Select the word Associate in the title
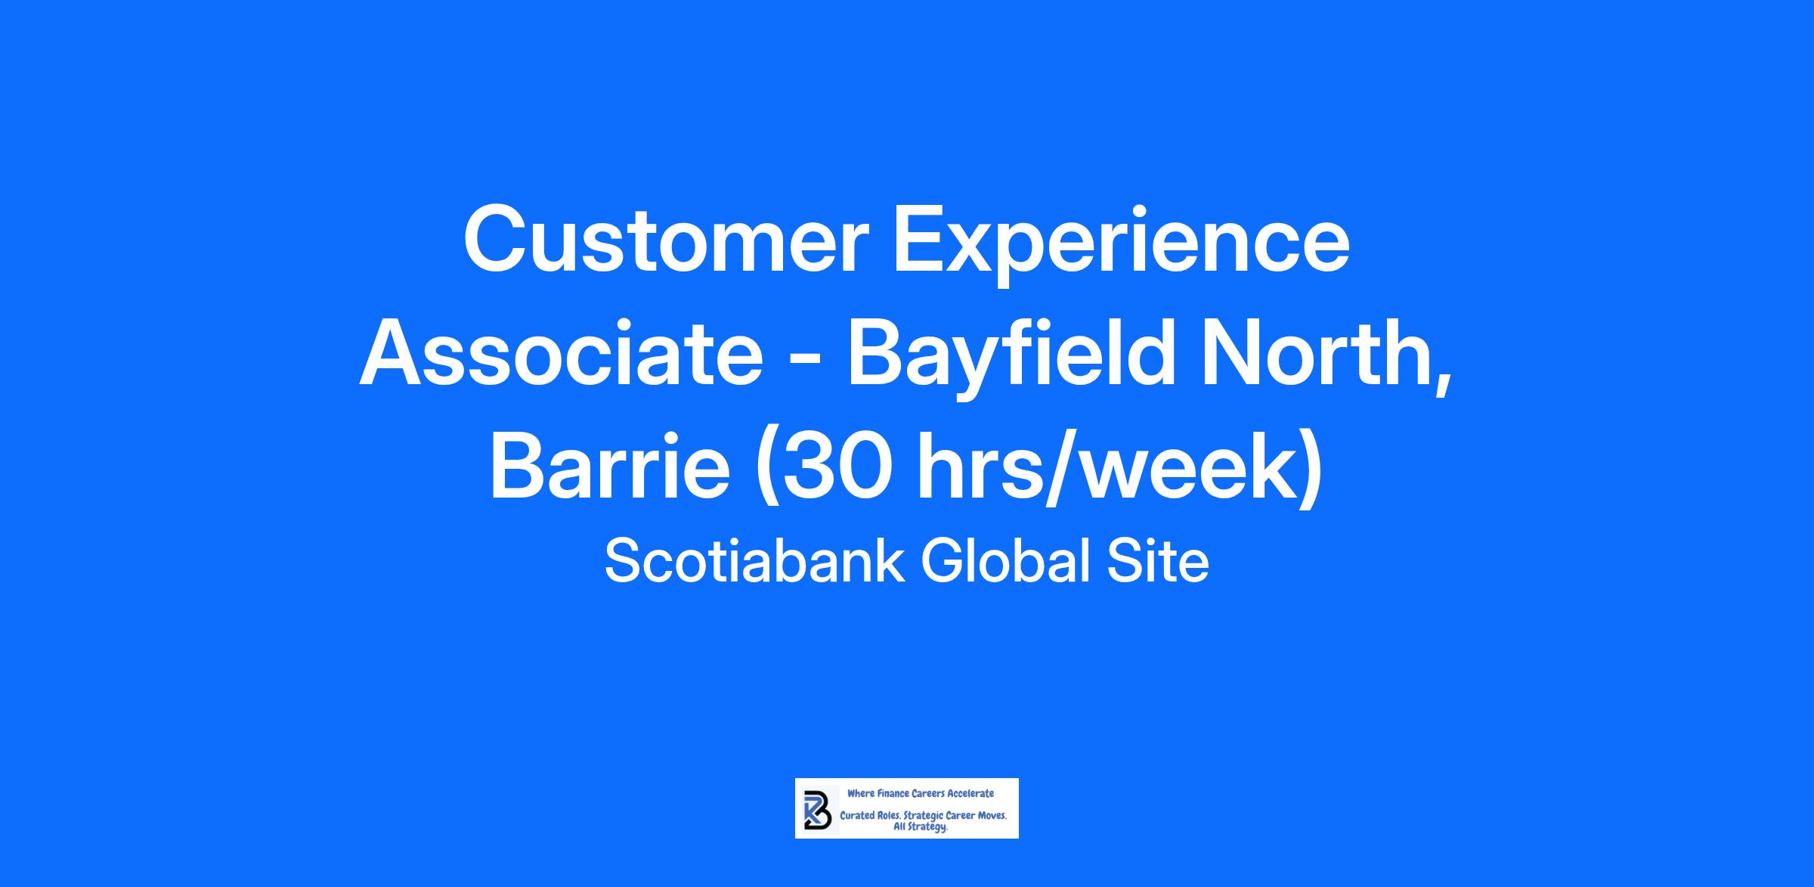(562, 352)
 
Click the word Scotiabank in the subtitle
(754, 562)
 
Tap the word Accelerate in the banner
(970, 794)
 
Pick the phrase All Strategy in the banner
(921, 828)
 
